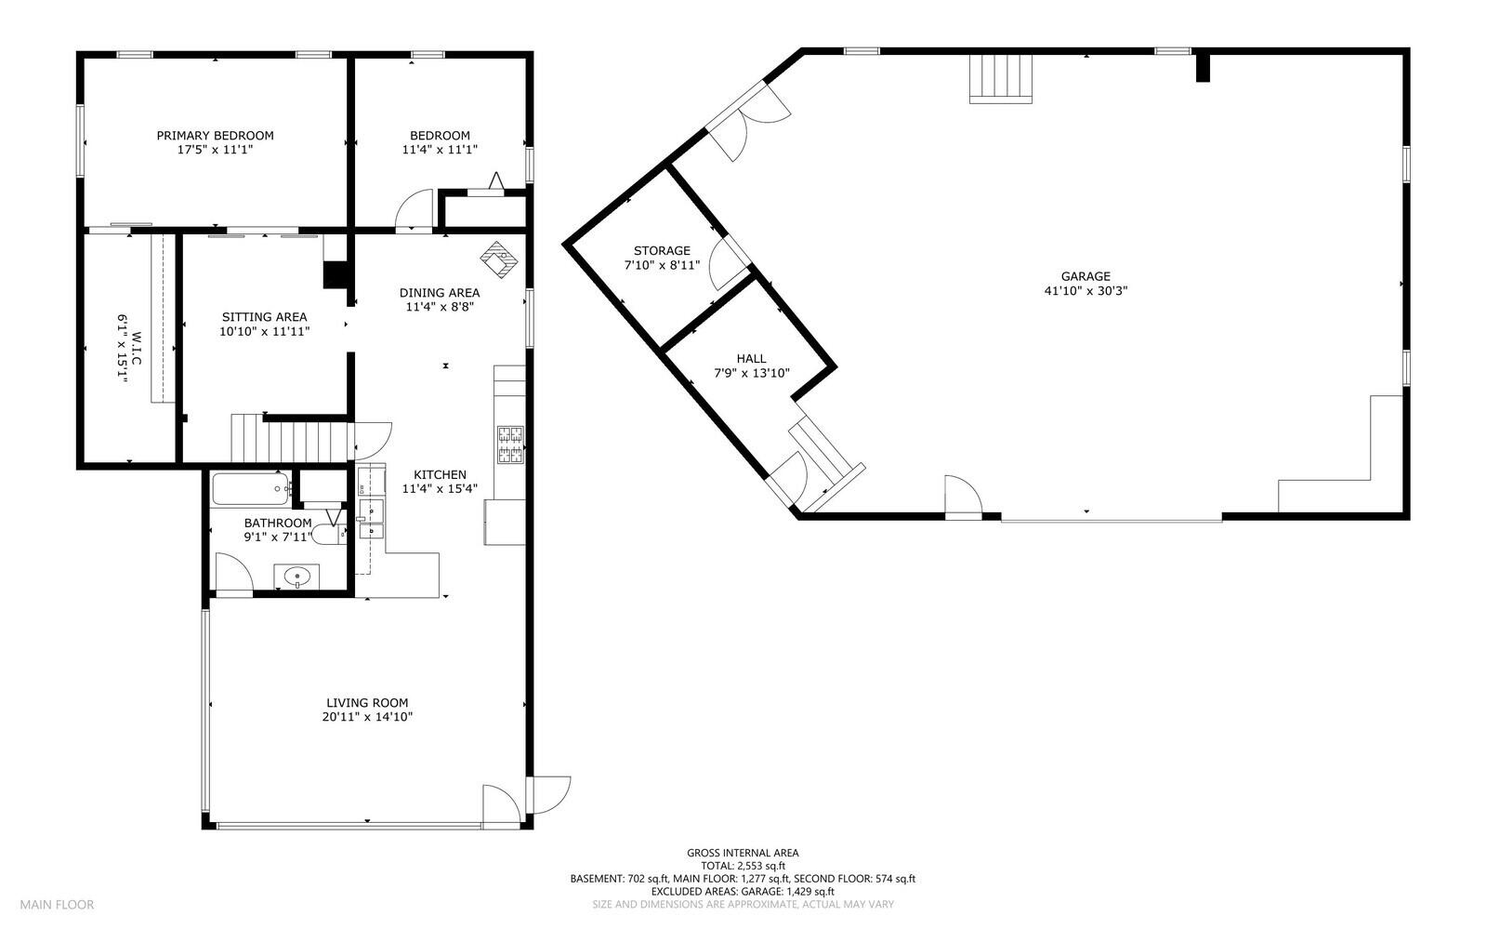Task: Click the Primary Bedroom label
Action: tap(215, 136)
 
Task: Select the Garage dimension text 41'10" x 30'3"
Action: tap(1086, 290)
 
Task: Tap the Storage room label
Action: tap(662, 251)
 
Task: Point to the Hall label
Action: tap(751, 359)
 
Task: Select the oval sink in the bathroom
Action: tap(296, 577)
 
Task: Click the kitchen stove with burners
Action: tap(510, 444)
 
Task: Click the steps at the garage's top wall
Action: tap(1001, 78)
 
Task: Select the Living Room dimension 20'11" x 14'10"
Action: tap(366, 717)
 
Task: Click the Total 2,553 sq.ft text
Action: tap(742, 865)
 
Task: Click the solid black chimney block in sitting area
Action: tap(335, 274)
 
